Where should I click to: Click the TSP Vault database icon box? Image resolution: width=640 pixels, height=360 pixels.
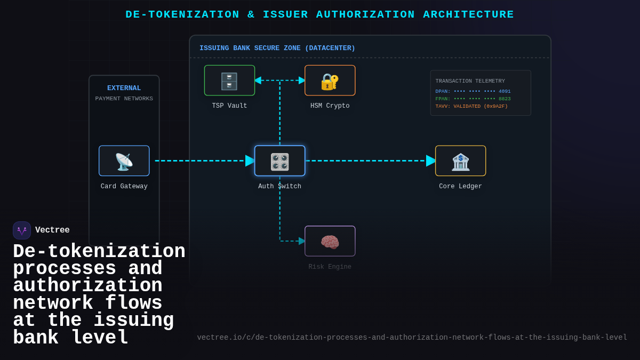(229, 81)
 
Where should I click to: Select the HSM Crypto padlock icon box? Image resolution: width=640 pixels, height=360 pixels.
(330, 81)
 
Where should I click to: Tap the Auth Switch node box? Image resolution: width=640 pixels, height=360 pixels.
(279, 161)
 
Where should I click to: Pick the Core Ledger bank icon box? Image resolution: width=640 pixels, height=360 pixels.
(460, 161)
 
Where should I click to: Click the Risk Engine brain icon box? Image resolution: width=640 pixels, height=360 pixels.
(330, 241)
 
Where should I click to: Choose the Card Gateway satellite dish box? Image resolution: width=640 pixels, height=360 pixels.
(124, 161)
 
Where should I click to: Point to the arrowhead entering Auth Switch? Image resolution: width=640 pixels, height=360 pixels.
(250, 161)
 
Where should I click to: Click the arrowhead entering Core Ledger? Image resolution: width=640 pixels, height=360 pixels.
(430, 161)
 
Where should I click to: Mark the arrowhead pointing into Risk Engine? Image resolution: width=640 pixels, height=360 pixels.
(302, 241)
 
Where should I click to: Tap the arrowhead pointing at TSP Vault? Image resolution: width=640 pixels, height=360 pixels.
(258, 81)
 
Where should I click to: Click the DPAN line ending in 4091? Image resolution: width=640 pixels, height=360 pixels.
(473, 91)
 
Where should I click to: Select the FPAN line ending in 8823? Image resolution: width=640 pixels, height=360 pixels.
(473, 99)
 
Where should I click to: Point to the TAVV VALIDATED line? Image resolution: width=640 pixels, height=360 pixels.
(471, 106)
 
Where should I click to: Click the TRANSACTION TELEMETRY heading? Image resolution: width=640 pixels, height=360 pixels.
(470, 81)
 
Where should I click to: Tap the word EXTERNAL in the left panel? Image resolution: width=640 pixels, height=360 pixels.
(124, 88)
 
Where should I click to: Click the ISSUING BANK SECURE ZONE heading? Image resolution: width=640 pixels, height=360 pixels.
(277, 48)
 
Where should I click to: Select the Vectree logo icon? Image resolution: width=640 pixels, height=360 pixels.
(22, 230)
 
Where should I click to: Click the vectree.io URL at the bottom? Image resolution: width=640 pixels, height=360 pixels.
(412, 338)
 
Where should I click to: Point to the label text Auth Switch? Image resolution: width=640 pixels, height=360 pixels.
(279, 187)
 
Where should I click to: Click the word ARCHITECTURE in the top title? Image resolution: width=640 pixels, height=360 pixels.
(468, 14)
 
